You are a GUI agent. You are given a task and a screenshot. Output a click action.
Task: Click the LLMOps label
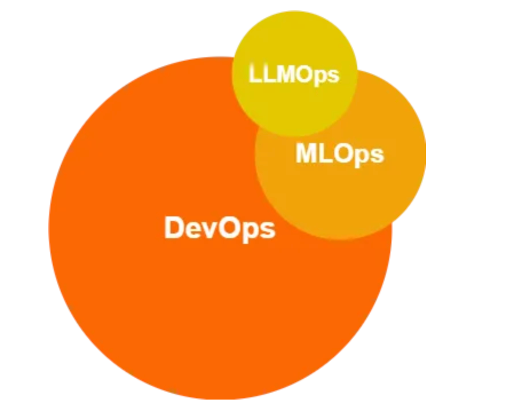pyautogui.click(x=294, y=74)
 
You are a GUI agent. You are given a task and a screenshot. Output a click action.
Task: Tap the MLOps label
pyautogui.click(x=339, y=153)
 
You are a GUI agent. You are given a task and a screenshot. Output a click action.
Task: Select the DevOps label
pyautogui.click(x=220, y=228)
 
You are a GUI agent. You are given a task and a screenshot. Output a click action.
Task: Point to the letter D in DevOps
pyautogui.click(x=174, y=228)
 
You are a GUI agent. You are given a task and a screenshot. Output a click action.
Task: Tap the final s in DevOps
pyautogui.click(x=268, y=230)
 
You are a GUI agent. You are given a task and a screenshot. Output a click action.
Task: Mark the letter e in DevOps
pyautogui.click(x=193, y=229)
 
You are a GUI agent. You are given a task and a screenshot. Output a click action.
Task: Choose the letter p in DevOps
pyautogui.click(x=250, y=231)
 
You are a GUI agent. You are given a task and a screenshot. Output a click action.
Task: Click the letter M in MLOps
pyautogui.click(x=306, y=153)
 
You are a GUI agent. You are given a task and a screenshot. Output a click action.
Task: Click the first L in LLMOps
pyautogui.click(x=255, y=74)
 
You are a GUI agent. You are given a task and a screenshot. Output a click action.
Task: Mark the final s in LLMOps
pyautogui.click(x=333, y=76)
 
